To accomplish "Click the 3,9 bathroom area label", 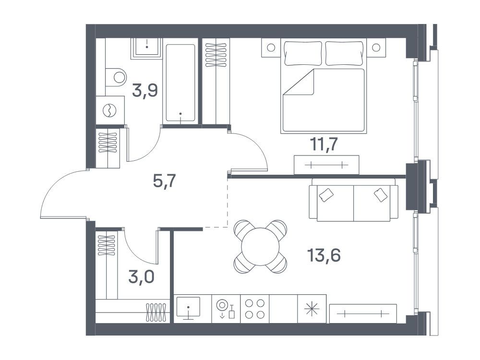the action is (x=145, y=91).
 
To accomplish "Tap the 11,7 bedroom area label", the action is (x=324, y=144).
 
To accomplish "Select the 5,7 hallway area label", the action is (x=164, y=181).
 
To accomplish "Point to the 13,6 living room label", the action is (x=324, y=255).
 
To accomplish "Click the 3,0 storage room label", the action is (x=141, y=277).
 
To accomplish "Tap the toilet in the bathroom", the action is (x=116, y=77).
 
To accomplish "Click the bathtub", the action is (x=180, y=83).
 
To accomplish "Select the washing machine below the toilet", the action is (x=110, y=110).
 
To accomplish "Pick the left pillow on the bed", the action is (x=303, y=53).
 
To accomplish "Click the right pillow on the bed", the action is (x=344, y=53).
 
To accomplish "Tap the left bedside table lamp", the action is (x=271, y=48).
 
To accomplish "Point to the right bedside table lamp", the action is (x=376, y=48).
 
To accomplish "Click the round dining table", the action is (x=261, y=246).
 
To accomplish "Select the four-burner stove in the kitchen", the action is (x=255, y=309).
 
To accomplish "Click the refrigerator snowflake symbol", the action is (x=312, y=309).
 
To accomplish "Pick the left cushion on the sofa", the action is (x=326, y=195).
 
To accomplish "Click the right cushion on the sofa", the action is (x=381, y=195).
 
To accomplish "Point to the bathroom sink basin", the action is (x=146, y=47).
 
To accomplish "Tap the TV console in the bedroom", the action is (x=326, y=165).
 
